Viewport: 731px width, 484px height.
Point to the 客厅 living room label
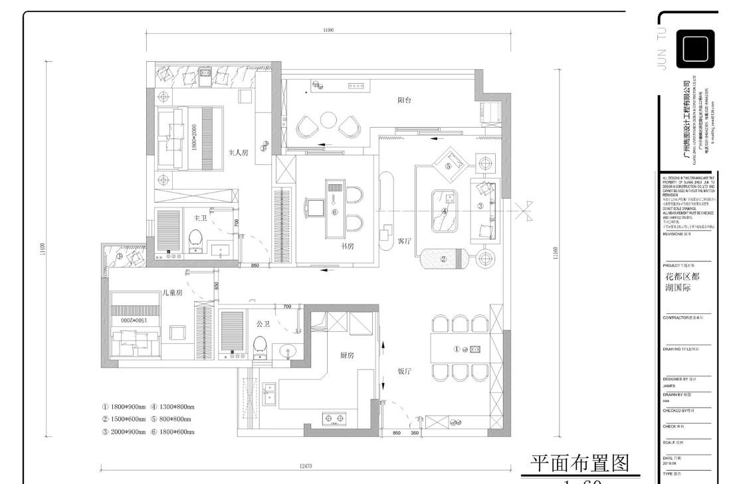tap(405, 240)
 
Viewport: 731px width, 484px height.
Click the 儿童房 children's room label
tap(172, 293)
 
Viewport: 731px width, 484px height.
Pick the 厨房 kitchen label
tap(347, 356)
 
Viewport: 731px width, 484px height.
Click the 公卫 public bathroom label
tap(263, 324)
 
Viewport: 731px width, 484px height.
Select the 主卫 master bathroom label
tap(200, 217)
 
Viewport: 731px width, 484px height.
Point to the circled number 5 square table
tap(449, 166)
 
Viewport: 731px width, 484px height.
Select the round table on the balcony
tap(328, 120)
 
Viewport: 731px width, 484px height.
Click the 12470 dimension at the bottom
tap(306, 466)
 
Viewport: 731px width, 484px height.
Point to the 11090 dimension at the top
tap(328, 30)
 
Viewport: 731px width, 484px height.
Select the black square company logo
tap(695, 49)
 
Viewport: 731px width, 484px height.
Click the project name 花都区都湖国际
tap(682, 283)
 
